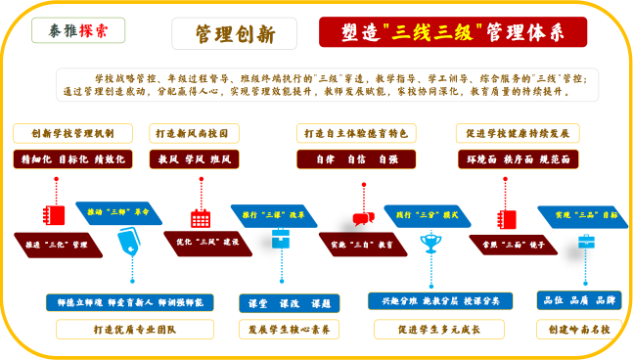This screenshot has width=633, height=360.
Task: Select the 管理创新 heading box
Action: click(x=235, y=33)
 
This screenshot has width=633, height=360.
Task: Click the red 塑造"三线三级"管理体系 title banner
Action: click(x=453, y=32)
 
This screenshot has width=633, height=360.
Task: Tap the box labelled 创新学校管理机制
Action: click(x=72, y=133)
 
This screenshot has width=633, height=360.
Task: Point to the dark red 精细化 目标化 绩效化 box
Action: click(x=72, y=157)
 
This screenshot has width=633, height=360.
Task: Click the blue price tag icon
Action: click(x=128, y=241)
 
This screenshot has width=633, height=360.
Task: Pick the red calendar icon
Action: click(x=201, y=216)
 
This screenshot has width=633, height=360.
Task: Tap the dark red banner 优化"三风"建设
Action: click(x=207, y=242)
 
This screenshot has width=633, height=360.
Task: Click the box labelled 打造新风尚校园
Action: click(x=194, y=133)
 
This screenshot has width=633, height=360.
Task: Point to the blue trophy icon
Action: click(x=430, y=241)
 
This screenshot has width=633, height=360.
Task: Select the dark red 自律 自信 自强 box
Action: click(x=356, y=157)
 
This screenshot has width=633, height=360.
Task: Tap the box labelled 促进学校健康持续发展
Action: click(x=518, y=133)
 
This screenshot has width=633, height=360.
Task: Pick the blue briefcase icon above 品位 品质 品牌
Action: click(x=586, y=241)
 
